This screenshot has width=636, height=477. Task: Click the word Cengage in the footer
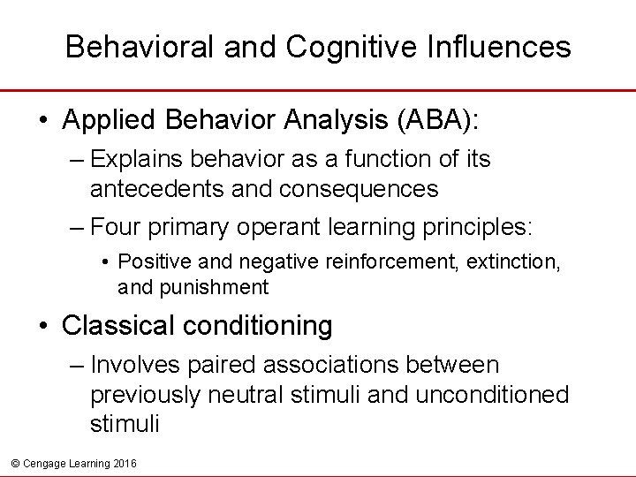click(42, 463)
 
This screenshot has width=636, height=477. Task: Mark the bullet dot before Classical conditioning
click(44, 327)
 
